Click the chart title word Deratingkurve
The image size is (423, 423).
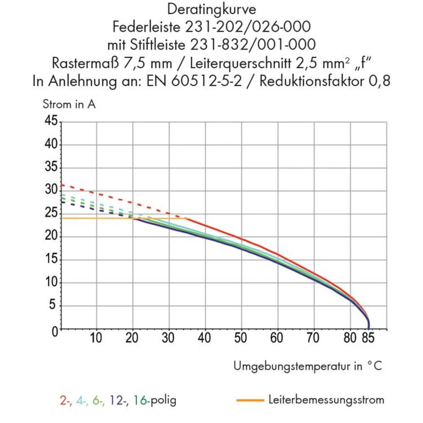pyautogui.click(x=211, y=9)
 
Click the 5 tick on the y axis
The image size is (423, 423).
pyautogui.click(x=53, y=306)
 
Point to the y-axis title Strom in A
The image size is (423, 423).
pyautogui.click(x=69, y=104)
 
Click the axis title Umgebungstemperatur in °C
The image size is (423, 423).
pyautogui.click(x=308, y=366)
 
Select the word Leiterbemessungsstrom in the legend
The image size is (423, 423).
pyautogui.click(x=326, y=399)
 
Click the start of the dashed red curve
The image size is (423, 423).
pyautogui.click(x=62, y=184)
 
